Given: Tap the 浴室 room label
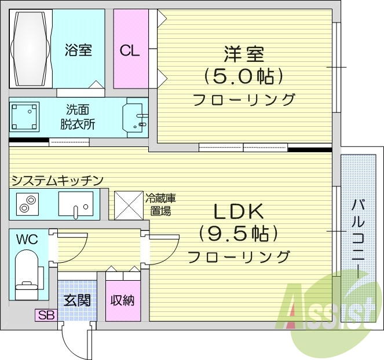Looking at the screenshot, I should click(x=78, y=50).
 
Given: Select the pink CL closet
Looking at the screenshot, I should click(x=130, y=50).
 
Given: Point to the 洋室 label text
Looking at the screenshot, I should click(x=244, y=54).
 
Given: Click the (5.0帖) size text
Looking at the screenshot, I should click(x=243, y=76).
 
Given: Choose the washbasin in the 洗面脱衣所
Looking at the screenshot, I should click(x=136, y=117).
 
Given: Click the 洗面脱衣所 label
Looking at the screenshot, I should click(x=78, y=117).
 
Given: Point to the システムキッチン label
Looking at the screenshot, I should click(x=57, y=181).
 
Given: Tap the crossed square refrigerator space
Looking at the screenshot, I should click(x=128, y=205).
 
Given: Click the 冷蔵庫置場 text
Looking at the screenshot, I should click(x=160, y=205).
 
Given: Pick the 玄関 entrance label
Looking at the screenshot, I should click(x=76, y=300).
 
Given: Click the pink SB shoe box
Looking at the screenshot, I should click(x=45, y=315).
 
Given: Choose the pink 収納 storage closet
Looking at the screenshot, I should click(x=123, y=300).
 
